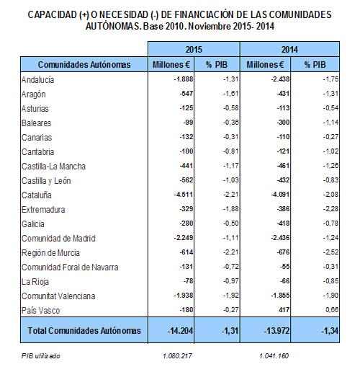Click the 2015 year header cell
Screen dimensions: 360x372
pos(194,49)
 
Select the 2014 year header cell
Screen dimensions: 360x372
pos(289,49)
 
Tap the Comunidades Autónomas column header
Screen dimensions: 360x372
pos(84,64)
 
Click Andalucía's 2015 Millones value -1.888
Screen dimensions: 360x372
pos(184,79)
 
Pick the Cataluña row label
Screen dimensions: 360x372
pos(37,195)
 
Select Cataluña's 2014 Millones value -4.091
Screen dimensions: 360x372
pos(280,195)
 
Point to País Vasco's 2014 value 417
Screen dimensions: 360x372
pos(284,310)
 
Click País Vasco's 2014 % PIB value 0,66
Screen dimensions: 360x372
pos(332,310)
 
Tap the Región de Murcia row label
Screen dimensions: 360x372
pos(50,252)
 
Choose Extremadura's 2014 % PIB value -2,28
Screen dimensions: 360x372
pos(330,209)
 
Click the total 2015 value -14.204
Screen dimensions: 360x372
pos(180,331)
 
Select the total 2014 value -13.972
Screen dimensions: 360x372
pos(276,331)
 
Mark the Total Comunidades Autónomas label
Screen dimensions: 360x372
pos(84,330)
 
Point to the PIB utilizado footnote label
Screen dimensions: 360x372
pos(40,355)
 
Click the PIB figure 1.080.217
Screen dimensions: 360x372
pos(177,355)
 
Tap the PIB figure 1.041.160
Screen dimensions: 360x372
pos(274,355)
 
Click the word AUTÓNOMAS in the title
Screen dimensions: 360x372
pos(112,26)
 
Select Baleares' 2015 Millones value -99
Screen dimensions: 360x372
pos(189,123)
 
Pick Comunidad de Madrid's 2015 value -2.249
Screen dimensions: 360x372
pos(184,238)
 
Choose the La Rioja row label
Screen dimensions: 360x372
pos(35,281)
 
